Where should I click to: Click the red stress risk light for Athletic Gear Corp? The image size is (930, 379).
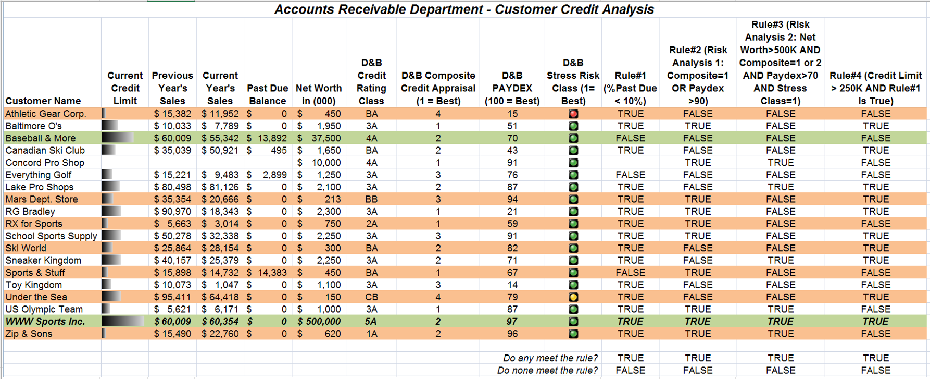tap(573, 114)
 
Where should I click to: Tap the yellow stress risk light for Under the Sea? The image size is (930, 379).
tap(573, 297)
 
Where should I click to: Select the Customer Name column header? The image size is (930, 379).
tap(43, 101)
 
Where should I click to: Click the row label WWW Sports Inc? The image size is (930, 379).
tap(45, 322)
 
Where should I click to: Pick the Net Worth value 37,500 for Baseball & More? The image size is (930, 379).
tap(326, 138)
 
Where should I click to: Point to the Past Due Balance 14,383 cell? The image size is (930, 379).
tap(272, 273)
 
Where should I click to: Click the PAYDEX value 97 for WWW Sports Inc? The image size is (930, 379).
tap(512, 322)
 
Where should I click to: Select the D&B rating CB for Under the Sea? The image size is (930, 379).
tap(371, 297)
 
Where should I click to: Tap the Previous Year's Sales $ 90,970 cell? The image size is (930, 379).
tap(172, 212)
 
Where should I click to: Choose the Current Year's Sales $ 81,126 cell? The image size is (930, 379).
tap(220, 187)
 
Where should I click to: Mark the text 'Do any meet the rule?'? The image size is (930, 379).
tap(550, 358)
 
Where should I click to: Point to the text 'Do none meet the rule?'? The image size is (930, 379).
tap(547, 371)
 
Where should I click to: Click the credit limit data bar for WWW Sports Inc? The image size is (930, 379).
tap(122, 322)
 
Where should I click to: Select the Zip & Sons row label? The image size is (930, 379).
tap(29, 334)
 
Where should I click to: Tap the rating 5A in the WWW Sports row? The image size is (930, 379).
tap(371, 322)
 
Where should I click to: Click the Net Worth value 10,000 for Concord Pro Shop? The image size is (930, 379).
tap(326, 163)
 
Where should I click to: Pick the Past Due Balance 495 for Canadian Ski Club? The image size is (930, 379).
tap(279, 151)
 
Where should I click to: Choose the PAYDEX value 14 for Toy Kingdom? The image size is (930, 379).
tap(512, 285)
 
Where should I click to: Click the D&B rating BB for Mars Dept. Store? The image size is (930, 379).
tap(371, 199)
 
